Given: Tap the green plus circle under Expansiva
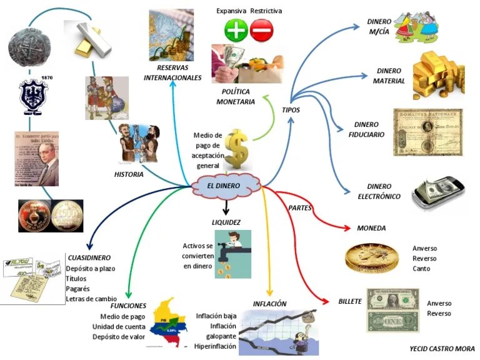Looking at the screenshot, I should click(x=236, y=29).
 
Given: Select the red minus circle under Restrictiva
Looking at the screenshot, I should click(x=261, y=29).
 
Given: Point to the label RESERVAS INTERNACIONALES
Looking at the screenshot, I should click(x=172, y=73).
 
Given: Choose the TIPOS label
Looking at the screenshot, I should click(x=291, y=110).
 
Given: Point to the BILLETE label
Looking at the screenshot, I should click(x=350, y=301).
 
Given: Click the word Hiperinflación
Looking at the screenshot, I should click(x=215, y=346).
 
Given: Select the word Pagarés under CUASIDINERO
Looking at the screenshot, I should click(x=78, y=289).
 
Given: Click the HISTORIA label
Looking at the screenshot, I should click(x=129, y=174).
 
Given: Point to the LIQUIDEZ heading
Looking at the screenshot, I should click(x=226, y=222).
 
